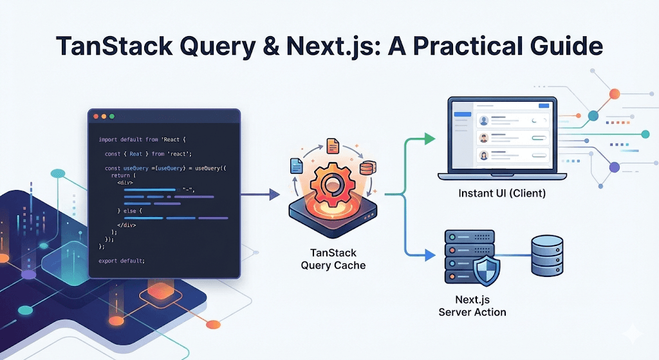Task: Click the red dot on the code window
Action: [96, 117]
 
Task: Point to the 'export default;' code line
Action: [122, 260]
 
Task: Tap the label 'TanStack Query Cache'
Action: [333, 259]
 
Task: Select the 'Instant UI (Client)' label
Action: [501, 193]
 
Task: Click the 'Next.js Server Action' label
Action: [472, 306]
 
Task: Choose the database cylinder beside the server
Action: [546, 257]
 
